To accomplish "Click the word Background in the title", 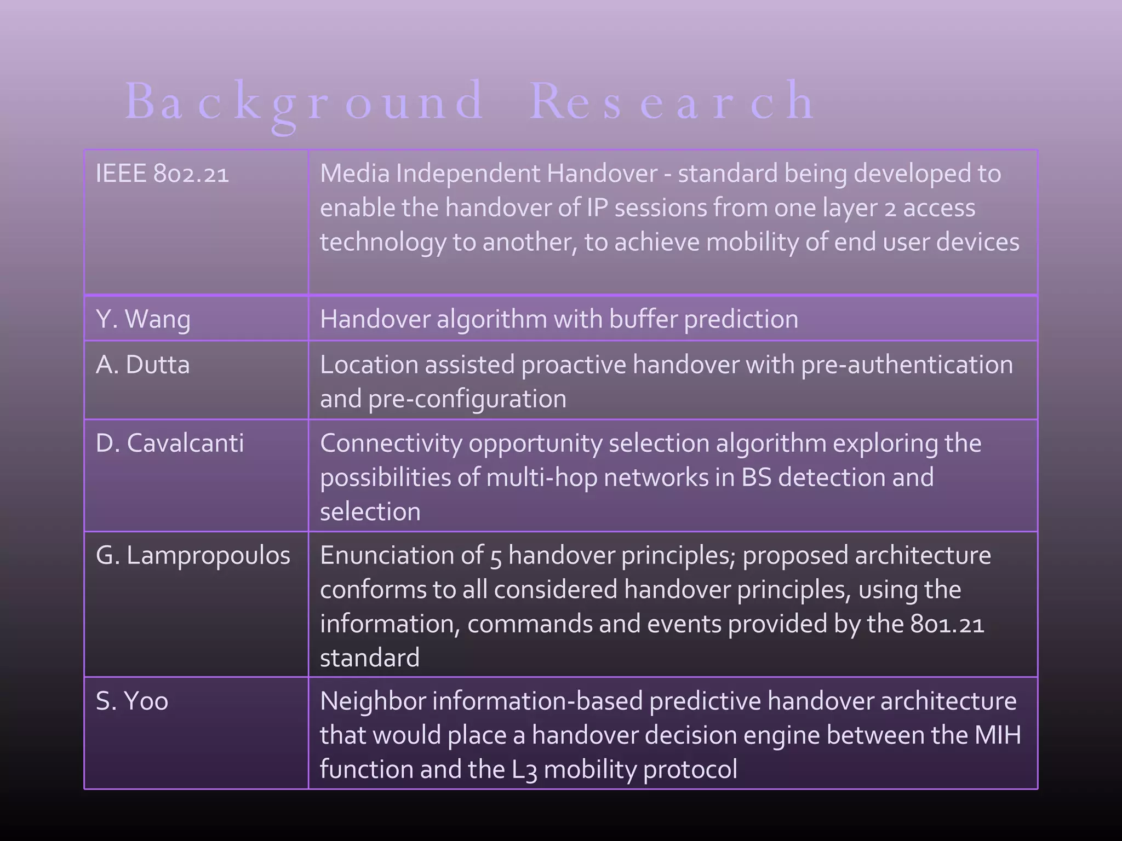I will [x=304, y=101].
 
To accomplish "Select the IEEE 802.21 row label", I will [x=162, y=174].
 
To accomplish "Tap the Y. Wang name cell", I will [x=143, y=319].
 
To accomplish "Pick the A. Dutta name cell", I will [x=142, y=365].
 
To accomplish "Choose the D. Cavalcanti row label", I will [x=169, y=443].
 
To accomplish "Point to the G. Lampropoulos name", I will [x=193, y=556].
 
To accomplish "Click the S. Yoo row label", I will [x=131, y=701].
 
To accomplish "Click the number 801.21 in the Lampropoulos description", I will [x=947, y=624].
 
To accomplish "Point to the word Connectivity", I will [x=391, y=443].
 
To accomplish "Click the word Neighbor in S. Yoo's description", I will [x=373, y=701].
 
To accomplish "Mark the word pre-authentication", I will [x=907, y=365].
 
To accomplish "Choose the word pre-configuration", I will [x=467, y=399].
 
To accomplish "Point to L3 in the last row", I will [x=524, y=770].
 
